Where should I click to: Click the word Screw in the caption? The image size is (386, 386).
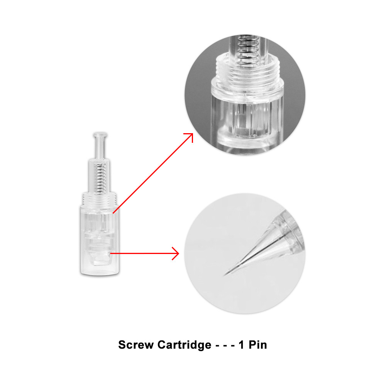click(x=135, y=345)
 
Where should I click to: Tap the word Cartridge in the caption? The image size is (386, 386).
click(x=184, y=345)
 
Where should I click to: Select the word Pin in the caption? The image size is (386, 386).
click(x=258, y=345)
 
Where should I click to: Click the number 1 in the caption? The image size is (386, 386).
click(x=241, y=345)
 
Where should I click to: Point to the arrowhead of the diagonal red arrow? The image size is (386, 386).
click(x=189, y=137)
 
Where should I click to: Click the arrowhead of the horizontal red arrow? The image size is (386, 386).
click(x=176, y=253)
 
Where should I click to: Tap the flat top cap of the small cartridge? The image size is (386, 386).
click(x=100, y=135)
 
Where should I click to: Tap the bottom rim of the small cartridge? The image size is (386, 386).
click(x=100, y=273)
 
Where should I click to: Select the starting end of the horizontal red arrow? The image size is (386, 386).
click(x=110, y=253)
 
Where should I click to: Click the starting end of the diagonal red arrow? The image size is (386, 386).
click(x=113, y=213)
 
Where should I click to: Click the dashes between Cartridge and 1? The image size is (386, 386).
click(x=225, y=345)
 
